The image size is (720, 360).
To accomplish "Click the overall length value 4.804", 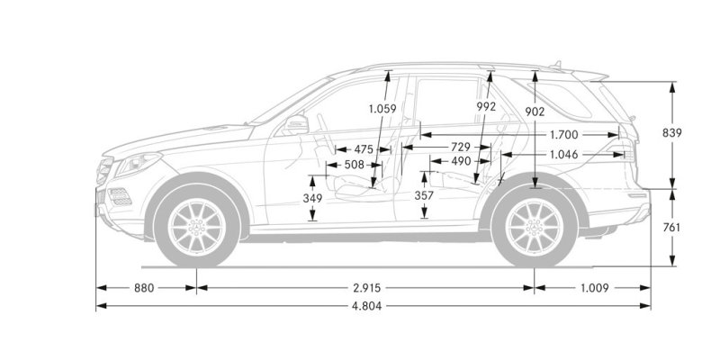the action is tap(366, 306).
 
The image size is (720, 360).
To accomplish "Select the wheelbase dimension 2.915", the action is tap(366, 288).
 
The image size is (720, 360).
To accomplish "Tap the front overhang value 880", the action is tap(144, 288).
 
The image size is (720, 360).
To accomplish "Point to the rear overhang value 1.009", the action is tap(594, 288).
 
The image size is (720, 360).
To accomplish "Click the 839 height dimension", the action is tap(671, 132).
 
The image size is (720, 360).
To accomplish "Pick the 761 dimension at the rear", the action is tap(671, 228).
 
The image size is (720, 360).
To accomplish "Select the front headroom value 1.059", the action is tap(382, 109).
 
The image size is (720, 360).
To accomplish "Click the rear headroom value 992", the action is tap(486, 106).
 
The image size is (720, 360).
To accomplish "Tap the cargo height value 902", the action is tap(535, 111).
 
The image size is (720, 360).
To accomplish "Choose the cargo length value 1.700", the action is tap(564, 135).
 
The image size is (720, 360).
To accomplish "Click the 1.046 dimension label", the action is tap(564, 155).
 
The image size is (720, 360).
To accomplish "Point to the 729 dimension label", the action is tap(461, 147).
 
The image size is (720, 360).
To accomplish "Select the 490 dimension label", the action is tap(461, 161).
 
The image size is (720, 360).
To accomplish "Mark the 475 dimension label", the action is tap(364, 149).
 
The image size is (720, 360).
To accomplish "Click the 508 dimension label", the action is tap(354, 165).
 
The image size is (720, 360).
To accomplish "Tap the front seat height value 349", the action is tap(312, 198).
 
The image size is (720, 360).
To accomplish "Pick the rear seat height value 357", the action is tap(424, 195).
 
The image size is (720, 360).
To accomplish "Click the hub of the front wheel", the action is tap(196, 227).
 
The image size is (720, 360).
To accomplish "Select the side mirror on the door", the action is tap(296, 124).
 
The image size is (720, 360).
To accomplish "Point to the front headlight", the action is tap(138, 164).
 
